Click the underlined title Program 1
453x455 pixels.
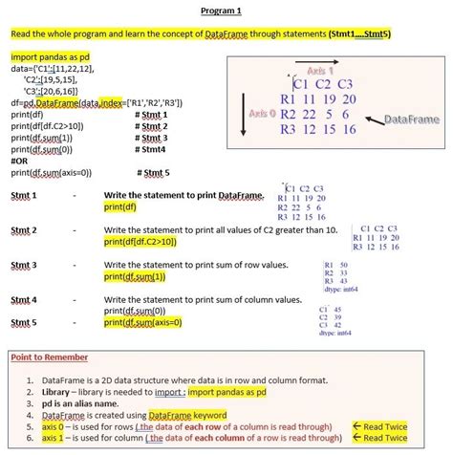point(226,11)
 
